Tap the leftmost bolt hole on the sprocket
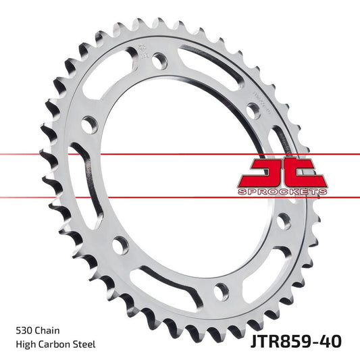tap(88, 126)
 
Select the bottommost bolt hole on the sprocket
tap(221, 291)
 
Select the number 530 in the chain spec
tap(24, 331)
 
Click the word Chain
tap(49, 331)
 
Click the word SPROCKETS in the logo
tap(284, 192)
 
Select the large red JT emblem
tap(284, 172)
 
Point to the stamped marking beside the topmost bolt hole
tap(143, 51)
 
